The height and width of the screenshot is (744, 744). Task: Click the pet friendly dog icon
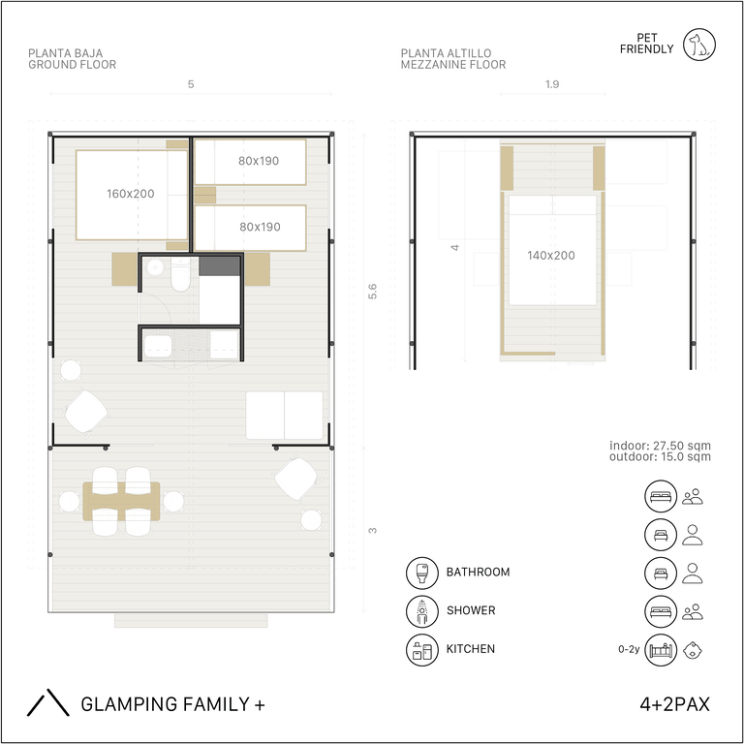699,45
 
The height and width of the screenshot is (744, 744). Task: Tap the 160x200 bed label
131,194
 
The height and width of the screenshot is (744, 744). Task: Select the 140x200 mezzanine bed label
551,256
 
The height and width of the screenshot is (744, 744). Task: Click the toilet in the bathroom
181,275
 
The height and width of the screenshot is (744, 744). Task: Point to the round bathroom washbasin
155,267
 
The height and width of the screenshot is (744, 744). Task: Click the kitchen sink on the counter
158,346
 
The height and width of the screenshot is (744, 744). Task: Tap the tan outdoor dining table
121,502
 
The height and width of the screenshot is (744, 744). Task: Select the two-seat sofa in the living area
284,416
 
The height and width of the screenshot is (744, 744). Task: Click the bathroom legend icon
421,573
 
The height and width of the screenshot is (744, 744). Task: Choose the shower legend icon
421,611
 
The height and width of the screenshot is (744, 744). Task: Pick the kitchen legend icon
421,650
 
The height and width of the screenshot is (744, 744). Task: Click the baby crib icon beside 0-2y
661,650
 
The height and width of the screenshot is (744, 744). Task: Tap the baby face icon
693,650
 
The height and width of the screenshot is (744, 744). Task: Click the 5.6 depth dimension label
372,291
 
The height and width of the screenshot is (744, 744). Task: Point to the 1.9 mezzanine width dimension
552,84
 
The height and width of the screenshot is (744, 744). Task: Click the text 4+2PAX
674,704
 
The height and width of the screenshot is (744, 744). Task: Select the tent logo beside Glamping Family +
47,702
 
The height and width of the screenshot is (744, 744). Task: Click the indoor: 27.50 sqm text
660,446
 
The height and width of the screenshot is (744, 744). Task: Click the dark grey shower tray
219,266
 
